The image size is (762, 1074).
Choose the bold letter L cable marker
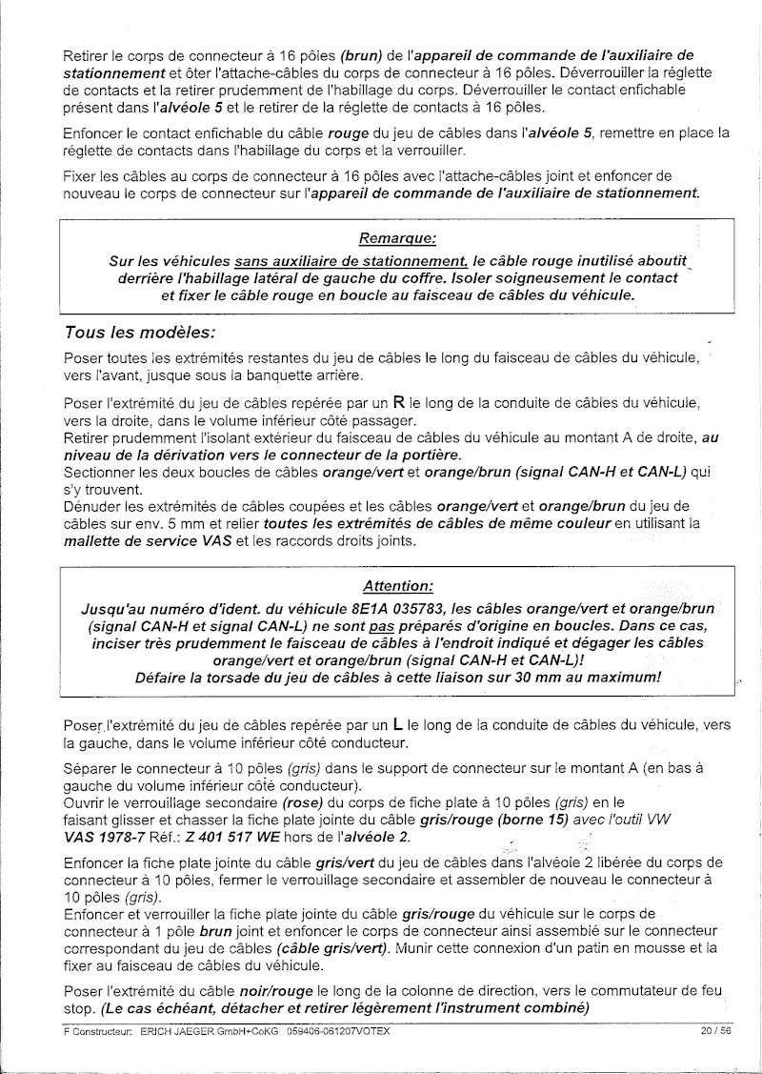pos(397,724)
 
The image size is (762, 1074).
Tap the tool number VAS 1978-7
pos(109,835)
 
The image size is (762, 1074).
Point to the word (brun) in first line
pos(364,54)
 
